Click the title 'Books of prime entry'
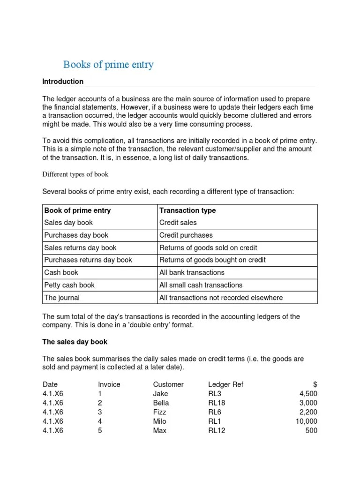point(108,65)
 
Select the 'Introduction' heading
point(63,82)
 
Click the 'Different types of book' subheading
point(75,174)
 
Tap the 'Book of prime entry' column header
point(77,210)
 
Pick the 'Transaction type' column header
point(187,210)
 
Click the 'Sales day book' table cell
point(68,223)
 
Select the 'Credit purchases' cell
point(186,235)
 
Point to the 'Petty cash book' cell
point(69,285)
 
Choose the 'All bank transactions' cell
point(192,272)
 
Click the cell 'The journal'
point(62,298)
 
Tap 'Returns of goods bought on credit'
point(212,260)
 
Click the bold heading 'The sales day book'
point(75,342)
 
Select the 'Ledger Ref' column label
point(225,384)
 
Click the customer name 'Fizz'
point(159,412)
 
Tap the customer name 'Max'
point(159,431)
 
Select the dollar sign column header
point(315,384)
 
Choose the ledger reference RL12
point(217,431)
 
